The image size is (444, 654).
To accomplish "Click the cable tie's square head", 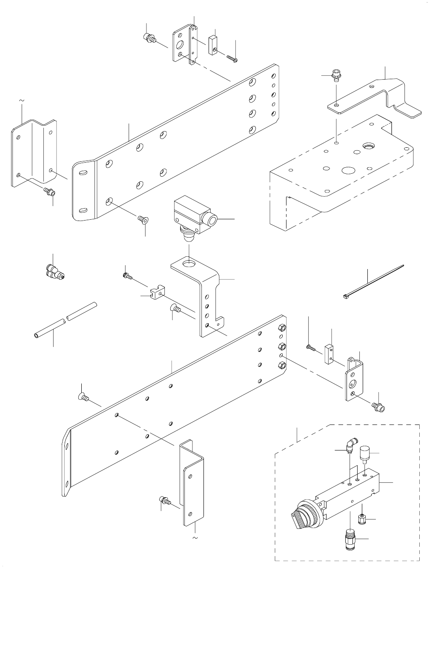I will (x=345, y=295).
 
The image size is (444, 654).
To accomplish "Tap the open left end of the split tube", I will (x=36, y=336).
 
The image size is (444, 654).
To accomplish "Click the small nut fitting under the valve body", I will (x=361, y=519).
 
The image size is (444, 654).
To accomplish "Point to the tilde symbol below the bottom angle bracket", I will (x=195, y=538).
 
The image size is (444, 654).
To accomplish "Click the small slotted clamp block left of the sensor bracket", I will (x=158, y=292).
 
